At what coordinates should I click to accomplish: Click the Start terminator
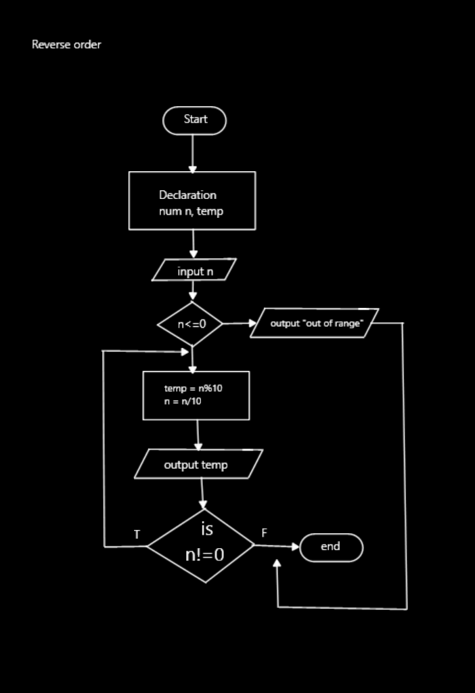tap(194, 120)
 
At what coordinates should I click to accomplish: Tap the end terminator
tap(331, 547)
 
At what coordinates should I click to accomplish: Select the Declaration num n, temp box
tap(192, 201)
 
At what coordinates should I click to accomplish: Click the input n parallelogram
tap(194, 270)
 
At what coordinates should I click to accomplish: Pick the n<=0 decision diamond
tap(191, 324)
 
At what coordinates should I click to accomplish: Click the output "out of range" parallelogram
tap(314, 323)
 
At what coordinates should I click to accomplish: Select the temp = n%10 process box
tap(196, 395)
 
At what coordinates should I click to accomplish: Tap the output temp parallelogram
tap(198, 464)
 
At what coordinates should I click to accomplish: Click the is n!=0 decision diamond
tap(202, 545)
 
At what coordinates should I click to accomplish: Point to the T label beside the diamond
tap(137, 535)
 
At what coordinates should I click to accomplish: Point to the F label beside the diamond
tap(265, 533)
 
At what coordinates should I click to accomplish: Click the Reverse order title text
tap(66, 45)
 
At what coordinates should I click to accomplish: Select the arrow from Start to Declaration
tap(193, 154)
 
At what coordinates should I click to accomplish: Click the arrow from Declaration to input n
tap(194, 244)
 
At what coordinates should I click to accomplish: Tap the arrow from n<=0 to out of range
tap(236, 323)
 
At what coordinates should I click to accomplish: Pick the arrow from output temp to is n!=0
tap(202, 493)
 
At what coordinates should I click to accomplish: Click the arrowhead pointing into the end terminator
tap(294, 547)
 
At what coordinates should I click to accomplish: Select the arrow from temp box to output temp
tap(198, 434)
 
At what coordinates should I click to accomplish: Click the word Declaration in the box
tap(187, 195)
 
